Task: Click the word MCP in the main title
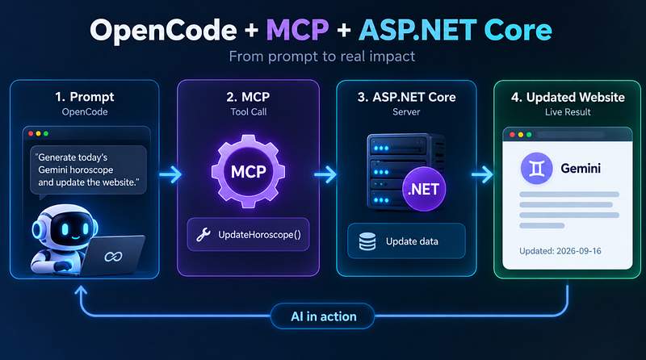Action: pyautogui.click(x=297, y=30)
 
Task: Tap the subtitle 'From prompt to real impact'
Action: pyautogui.click(x=322, y=56)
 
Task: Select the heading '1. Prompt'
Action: pyautogui.click(x=85, y=97)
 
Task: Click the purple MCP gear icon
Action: pyautogui.click(x=248, y=171)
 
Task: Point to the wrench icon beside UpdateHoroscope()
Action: pyautogui.click(x=203, y=234)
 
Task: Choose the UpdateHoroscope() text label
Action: pyautogui.click(x=259, y=235)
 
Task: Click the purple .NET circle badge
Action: pyautogui.click(x=424, y=189)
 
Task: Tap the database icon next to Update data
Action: pyautogui.click(x=367, y=241)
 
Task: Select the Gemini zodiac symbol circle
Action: pyautogui.click(x=536, y=169)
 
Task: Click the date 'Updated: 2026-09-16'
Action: pyautogui.click(x=560, y=251)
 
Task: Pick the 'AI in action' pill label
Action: pyautogui.click(x=323, y=316)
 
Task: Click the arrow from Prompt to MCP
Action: pyautogui.click(x=170, y=174)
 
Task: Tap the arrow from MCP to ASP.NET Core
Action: pyautogui.click(x=325, y=174)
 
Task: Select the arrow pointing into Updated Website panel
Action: pyautogui.click(x=482, y=174)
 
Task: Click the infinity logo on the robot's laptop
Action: pyautogui.click(x=113, y=257)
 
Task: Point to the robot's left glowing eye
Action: pyautogui.click(x=65, y=229)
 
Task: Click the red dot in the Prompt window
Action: pyautogui.click(x=31, y=133)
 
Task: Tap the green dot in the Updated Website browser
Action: pyautogui.click(x=529, y=135)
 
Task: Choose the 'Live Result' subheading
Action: pyautogui.click(x=568, y=112)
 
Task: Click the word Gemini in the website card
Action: pyautogui.click(x=581, y=168)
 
